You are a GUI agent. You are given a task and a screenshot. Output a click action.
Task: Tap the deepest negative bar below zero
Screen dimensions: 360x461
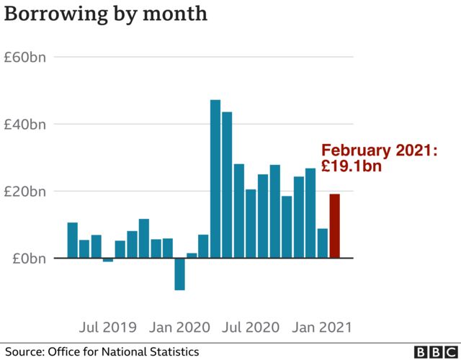coord(179,274)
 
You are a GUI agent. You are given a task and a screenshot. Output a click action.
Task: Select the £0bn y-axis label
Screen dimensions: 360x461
coord(30,258)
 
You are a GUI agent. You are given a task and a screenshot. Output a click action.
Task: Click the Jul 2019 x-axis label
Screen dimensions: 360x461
coord(107,328)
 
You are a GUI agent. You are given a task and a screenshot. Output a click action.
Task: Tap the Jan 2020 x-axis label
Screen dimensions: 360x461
coord(179,328)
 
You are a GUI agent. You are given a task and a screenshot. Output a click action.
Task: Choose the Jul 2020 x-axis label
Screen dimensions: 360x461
coord(251,328)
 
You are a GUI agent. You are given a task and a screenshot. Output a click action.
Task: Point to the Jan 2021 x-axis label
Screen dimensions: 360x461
coord(322,328)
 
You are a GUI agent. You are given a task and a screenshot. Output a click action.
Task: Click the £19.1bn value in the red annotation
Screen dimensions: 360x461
coord(351,166)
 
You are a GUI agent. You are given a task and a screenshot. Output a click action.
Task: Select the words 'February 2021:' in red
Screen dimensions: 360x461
coord(380,151)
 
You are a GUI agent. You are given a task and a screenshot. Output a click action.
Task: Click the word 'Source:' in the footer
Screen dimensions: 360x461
coord(24,351)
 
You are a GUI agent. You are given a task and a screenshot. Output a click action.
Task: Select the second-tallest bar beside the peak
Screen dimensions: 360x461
coord(227,185)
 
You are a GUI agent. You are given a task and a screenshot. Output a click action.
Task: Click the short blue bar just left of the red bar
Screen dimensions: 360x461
coord(322,243)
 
